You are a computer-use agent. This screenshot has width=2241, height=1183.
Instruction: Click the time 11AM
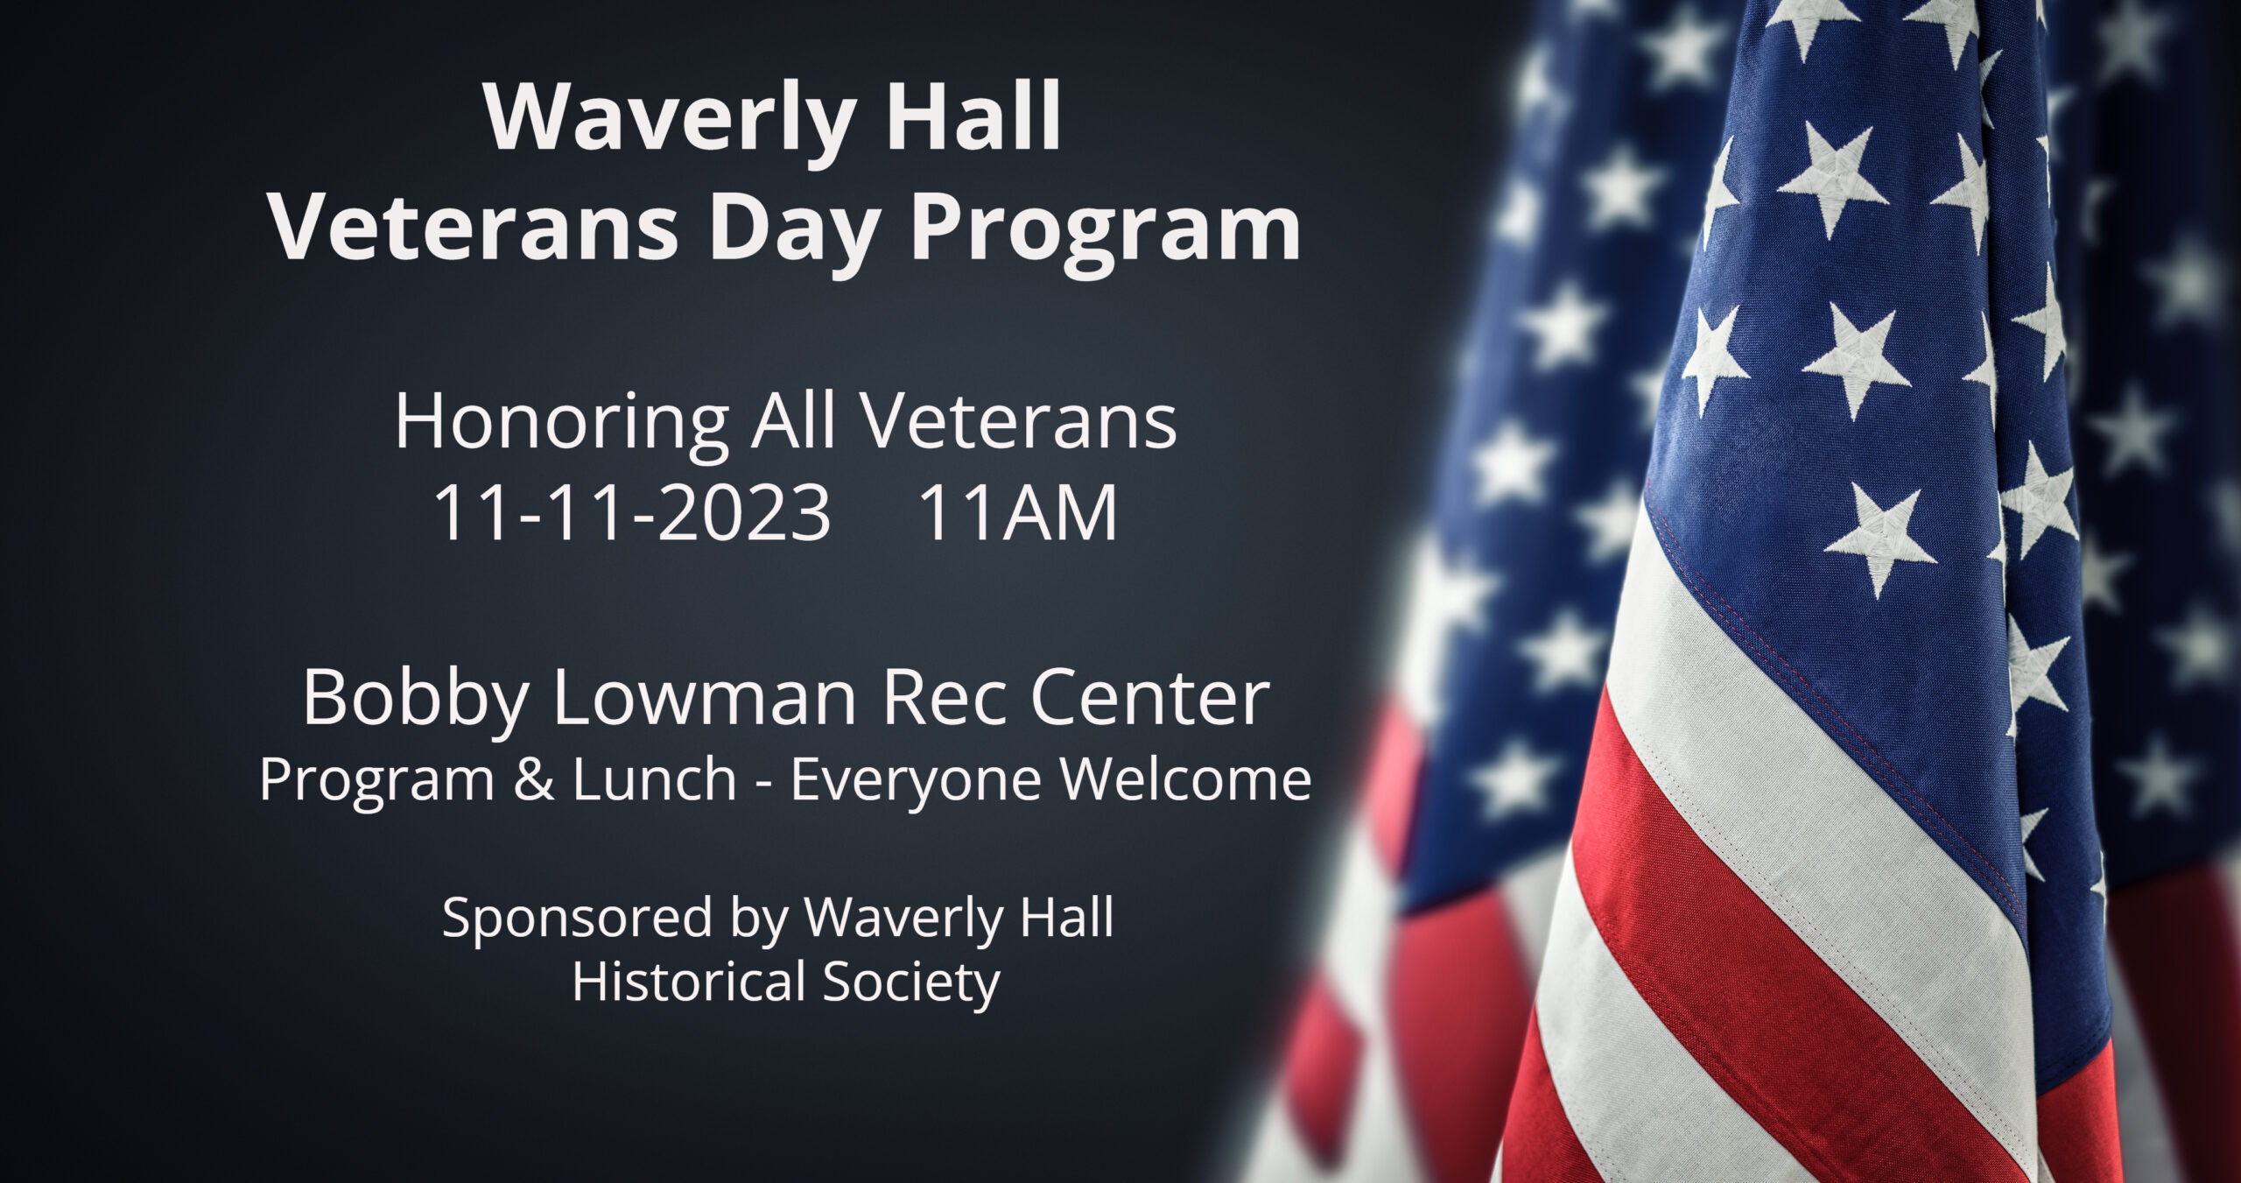(x=1018, y=514)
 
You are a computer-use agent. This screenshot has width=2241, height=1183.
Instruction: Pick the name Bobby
(x=415, y=702)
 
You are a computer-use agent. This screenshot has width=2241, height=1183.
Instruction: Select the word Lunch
(x=653, y=778)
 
